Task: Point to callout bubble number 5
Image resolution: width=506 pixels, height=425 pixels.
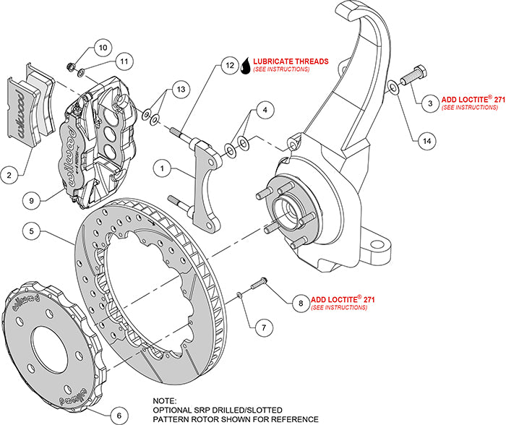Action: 30,232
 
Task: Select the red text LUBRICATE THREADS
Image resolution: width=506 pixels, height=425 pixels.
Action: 292,61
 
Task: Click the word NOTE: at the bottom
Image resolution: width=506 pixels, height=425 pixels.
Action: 164,400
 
